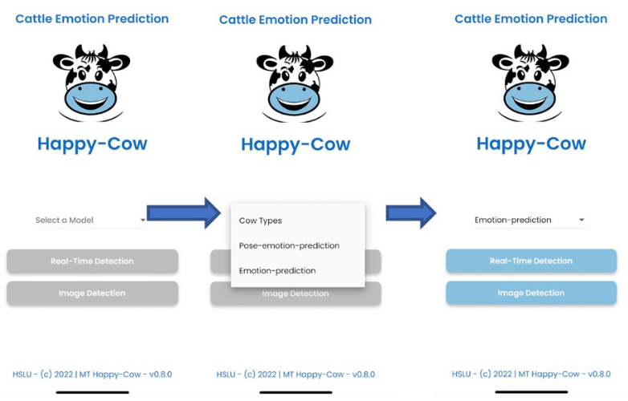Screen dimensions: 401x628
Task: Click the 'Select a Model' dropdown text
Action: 64,220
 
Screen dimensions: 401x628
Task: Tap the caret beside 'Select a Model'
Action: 143,220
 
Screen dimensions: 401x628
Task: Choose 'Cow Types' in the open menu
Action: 260,221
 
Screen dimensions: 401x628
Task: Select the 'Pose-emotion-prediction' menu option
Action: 289,245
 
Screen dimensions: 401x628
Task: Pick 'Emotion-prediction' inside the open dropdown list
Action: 277,271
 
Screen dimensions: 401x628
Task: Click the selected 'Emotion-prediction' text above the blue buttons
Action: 513,220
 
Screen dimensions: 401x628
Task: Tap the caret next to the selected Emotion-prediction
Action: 581,220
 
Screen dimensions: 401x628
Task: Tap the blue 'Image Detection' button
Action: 531,293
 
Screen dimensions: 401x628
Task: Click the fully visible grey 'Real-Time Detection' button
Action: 92,261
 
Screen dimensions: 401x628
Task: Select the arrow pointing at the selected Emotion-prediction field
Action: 410,213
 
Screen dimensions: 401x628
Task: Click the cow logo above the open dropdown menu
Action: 295,83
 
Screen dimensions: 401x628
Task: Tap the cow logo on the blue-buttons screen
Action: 530,83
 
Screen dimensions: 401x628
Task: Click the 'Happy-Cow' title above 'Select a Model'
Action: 92,144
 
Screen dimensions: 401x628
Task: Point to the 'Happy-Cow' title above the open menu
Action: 296,145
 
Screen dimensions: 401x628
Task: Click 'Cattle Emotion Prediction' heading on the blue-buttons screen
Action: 531,18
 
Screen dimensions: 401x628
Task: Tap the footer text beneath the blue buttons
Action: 531,374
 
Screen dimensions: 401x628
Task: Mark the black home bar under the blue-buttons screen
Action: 531,392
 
